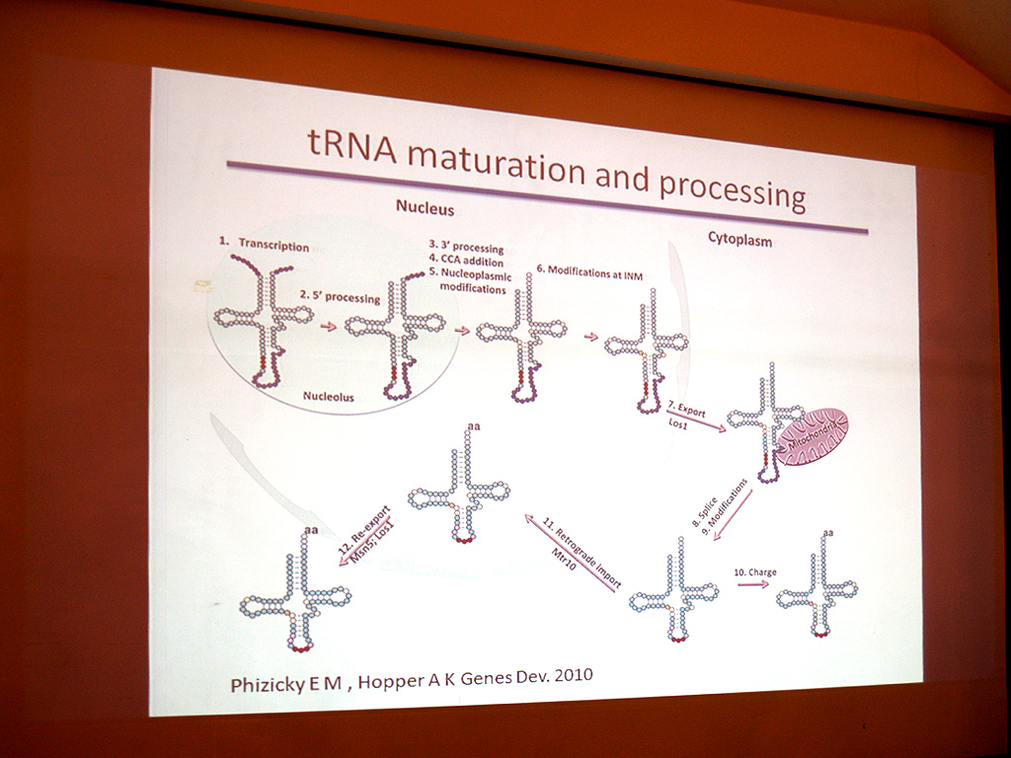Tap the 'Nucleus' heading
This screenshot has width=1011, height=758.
tap(425, 207)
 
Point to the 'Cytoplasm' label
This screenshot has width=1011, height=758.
tap(739, 239)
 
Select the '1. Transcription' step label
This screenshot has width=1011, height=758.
tap(264, 244)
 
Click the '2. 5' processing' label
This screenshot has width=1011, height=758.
tap(340, 296)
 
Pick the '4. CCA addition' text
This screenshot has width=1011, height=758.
tap(466, 261)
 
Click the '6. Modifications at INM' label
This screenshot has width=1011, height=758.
tap(589, 272)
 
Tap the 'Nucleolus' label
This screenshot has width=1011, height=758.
tap(328, 396)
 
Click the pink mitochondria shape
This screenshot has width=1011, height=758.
tap(812, 437)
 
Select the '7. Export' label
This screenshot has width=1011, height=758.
tap(687, 410)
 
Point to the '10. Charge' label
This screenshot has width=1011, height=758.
tap(755, 571)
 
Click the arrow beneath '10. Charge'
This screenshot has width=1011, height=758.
tap(753, 584)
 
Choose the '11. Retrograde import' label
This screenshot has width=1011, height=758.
tap(582, 553)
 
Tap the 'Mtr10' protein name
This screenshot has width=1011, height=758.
tap(564, 560)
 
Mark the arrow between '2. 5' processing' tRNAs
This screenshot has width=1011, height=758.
tap(329, 326)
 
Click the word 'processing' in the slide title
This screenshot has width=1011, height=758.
tap(733, 188)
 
